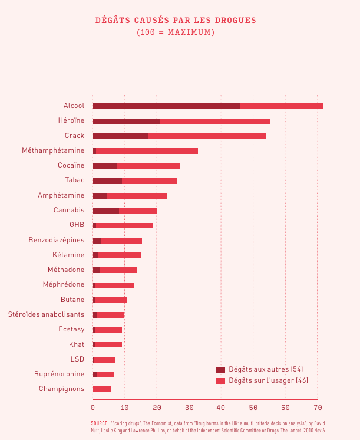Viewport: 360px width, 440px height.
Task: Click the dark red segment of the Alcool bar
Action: pyautogui.click(x=166, y=106)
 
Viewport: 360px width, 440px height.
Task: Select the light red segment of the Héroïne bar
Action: pyautogui.click(x=215, y=121)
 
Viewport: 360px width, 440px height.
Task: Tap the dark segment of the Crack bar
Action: pyautogui.click(x=120, y=136)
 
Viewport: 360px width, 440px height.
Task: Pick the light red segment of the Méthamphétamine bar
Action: pyautogui.click(x=147, y=151)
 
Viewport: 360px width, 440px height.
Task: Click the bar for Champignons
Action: pyautogui.click(x=101, y=389)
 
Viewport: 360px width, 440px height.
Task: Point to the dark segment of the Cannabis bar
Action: pyautogui.click(x=105, y=211)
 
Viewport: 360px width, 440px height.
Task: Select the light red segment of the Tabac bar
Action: pyautogui.click(x=149, y=180)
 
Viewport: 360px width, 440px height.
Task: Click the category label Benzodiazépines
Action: pyautogui.click(x=56, y=240)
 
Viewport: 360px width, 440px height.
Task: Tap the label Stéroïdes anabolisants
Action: pyautogui.click(x=46, y=314)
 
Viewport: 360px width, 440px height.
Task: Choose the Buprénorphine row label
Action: pyautogui.click(x=59, y=374)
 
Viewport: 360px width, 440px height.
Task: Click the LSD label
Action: pyautogui.click(x=77, y=359)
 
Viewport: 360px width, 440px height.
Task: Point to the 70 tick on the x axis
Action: pyautogui.click(x=317, y=408)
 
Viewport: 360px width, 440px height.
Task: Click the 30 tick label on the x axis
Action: pyautogui.click(x=189, y=408)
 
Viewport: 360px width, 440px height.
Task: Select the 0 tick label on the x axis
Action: pyautogui.click(x=93, y=408)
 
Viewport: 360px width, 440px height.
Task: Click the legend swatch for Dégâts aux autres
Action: pyautogui.click(x=221, y=369)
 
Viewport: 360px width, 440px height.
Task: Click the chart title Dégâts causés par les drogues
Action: pyautogui.click(x=176, y=21)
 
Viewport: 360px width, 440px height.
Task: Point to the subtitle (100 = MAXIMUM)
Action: pyautogui.click(x=176, y=32)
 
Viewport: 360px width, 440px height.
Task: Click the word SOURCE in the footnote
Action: pyautogui.click(x=99, y=423)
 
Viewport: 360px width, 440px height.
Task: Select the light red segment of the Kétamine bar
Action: pyautogui.click(x=120, y=255)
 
